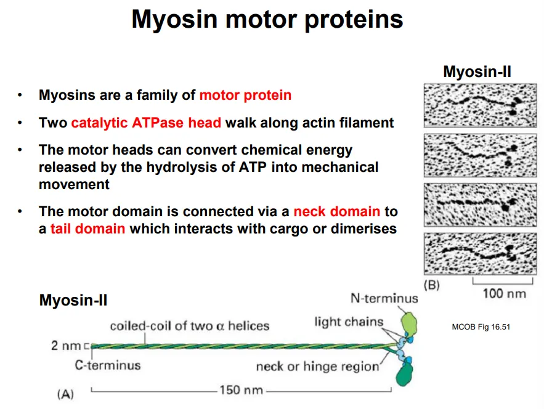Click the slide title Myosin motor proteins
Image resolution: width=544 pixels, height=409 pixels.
tap(267, 20)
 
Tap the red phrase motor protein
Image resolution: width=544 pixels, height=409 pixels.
tap(245, 95)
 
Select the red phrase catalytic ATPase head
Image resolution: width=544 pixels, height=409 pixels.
tap(146, 123)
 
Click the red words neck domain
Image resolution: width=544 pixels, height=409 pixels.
tap(336, 211)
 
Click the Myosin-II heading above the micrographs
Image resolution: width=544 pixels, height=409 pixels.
tap(477, 72)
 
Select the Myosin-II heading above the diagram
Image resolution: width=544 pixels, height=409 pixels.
tap(73, 301)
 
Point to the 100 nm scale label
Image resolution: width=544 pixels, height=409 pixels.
tap(504, 293)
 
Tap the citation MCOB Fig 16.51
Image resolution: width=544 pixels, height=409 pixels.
tap(481, 326)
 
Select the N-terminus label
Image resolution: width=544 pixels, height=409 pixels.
tap(384, 299)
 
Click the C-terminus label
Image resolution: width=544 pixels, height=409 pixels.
tap(108, 365)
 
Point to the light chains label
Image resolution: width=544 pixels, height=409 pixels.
tap(349, 321)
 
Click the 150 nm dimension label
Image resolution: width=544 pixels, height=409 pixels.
tap(241, 391)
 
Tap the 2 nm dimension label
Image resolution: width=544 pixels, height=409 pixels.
tap(67, 346)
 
